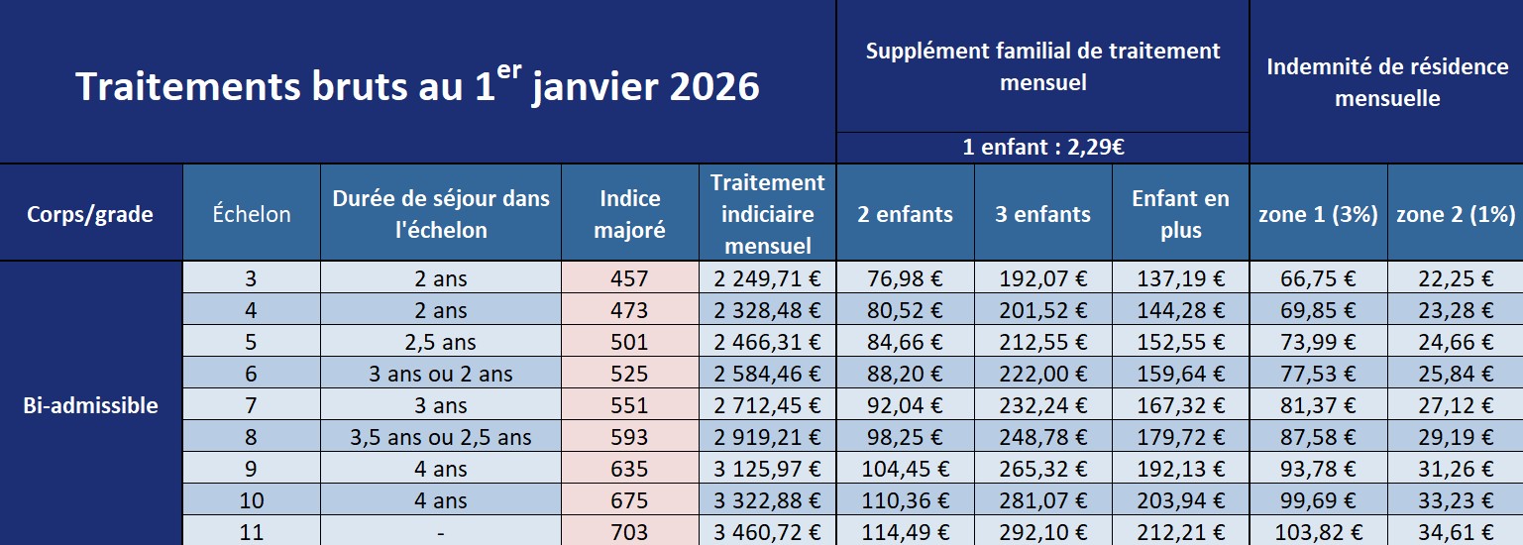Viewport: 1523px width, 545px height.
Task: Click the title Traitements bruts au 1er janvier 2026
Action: pyautogui.click(x=417, y=86)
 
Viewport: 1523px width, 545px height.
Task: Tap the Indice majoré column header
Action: pyautogui.click(x=630, y=214)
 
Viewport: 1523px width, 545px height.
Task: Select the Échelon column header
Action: pyautogui.click(x=252, y=214)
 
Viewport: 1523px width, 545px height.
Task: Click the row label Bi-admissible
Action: pyautogui.click(x=90, y=405)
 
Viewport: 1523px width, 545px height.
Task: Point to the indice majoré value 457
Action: pyautogui.click(x=630, y=279)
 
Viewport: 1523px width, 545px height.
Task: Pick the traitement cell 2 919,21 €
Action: pyautogui.click(x=767, y=437)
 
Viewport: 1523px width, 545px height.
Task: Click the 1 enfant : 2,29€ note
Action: pyautogui.click(x=1042, y=149)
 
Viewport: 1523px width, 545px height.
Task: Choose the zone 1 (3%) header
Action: pyautogui.click(x=1318, y=214)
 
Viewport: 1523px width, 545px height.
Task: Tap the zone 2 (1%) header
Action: pyautogui.click(x=1455, y=214)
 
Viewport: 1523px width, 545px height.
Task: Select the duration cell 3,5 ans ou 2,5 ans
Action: pyautogui.click(x=441, y=437)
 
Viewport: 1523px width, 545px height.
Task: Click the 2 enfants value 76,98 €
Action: pyautogui.click(x=905, y=279)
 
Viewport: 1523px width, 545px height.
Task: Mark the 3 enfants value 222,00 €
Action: pyautogui.click(x=1042, y=374)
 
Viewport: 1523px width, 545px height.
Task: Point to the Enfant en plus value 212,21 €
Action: pyautogui.click(x=1179, y=532)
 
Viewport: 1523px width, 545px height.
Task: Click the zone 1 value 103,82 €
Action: pyautogui.click(x=1318, y=532)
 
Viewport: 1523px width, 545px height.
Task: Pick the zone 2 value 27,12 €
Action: pyautogui.click(x=1455, y=405)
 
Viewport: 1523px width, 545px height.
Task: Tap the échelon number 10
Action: pyautogui.click(x=252, y=500)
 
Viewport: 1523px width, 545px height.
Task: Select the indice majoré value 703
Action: pyautogui.click(x=630, y=532)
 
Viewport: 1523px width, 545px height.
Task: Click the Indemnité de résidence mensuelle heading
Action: pyautogui.click(x=1386, y=82)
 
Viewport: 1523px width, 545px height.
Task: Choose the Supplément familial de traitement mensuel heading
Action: pyautogui.click(x=1042, y=66)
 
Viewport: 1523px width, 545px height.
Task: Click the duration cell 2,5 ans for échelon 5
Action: pyautogui.click(x=441, y=343)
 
